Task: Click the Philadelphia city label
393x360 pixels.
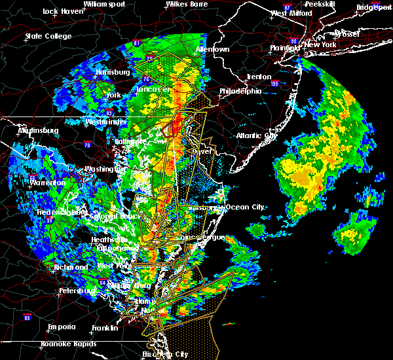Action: click(x=240, y=91)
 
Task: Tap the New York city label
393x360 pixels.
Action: click(x=322, y=45)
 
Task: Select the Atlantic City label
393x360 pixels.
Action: click(x=257, y=136)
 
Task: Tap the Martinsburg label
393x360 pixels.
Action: click(x=38, y=130)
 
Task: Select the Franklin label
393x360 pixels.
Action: click(x=105, y=327)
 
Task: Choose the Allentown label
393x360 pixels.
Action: click(x=212, y=49)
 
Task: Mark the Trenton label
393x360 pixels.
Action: click(x=258, y=77)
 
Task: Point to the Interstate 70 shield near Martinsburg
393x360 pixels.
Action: click(x=87, y=143)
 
